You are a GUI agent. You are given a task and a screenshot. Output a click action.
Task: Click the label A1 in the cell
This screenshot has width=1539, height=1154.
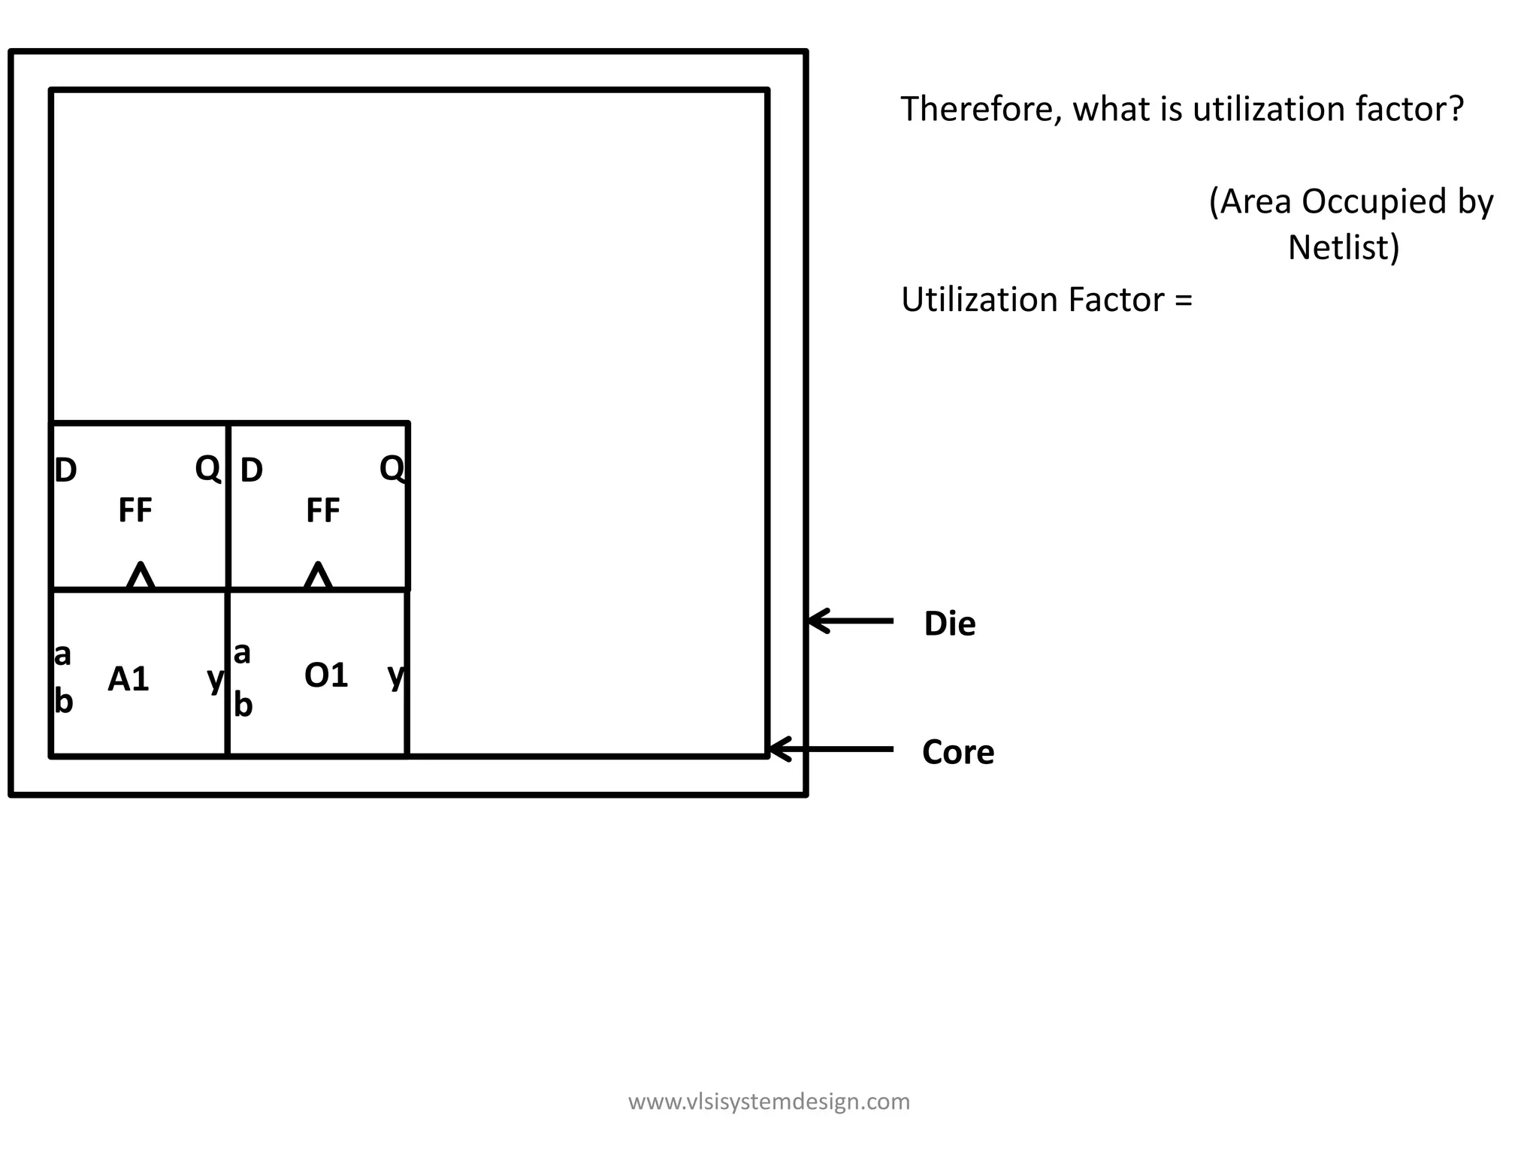[x=129, y=679]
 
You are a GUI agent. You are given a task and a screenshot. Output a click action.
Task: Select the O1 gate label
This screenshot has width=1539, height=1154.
[x=325, y=675]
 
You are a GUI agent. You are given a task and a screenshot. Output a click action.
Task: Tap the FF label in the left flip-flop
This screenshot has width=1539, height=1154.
[x=135, y=511]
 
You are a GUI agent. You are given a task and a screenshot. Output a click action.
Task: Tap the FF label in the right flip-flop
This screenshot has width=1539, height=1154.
[x=323, y=511]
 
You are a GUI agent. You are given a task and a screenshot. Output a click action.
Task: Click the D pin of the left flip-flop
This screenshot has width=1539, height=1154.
[x=66, y=471]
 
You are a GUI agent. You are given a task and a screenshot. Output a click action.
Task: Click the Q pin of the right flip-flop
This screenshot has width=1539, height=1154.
[x=392, y=469]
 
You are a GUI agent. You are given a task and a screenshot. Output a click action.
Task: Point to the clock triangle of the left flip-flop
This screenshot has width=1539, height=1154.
[x=141, y=576]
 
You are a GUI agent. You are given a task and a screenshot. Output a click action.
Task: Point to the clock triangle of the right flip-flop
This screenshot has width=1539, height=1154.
[x=318, y=576]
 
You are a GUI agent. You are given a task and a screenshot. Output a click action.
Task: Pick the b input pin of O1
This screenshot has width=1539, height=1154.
[x=243, y=705]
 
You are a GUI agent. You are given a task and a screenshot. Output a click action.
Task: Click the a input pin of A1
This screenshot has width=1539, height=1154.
[x=62, y=654]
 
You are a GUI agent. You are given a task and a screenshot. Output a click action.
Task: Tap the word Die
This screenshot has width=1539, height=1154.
[x=949, y=624]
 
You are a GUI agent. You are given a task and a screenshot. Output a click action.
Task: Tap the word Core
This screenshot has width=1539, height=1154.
[x=958, y=752]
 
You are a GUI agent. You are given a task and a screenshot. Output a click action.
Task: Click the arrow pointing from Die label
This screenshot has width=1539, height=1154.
[x=850, y=621]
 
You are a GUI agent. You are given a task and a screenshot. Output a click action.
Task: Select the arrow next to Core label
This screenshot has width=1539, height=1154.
[x=831, y=749]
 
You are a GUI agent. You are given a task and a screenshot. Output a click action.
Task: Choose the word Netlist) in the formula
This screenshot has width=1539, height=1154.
[x=1344, y=248]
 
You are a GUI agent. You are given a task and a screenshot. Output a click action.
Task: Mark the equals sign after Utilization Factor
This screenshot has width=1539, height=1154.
[x=1183, y=301]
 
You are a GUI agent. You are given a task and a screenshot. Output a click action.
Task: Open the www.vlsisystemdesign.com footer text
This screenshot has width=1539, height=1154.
[x=769, y=1101]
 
